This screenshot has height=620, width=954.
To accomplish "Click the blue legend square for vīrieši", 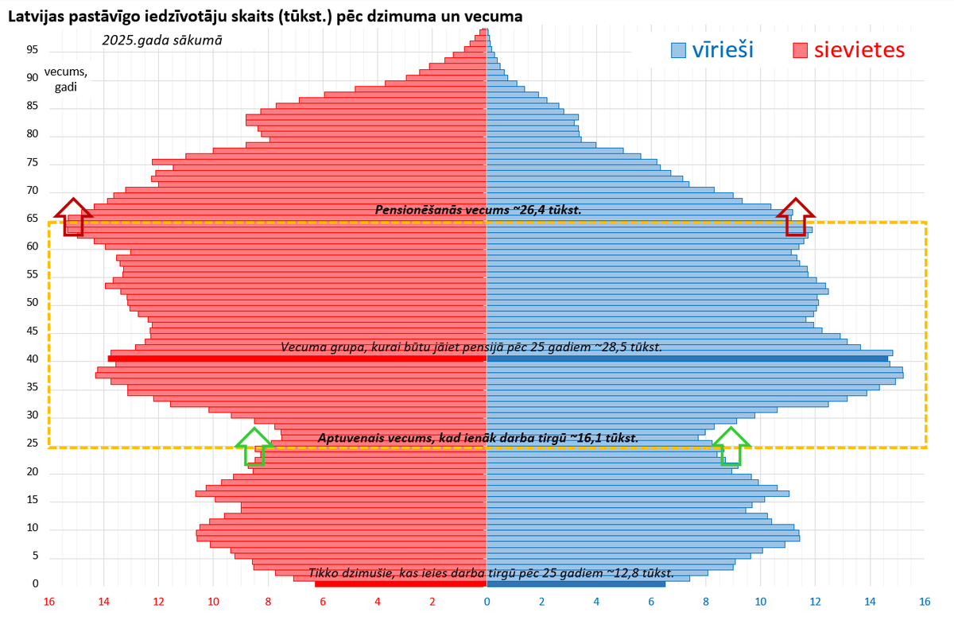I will point(678,51).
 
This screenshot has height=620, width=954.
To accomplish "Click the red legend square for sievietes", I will point(801,51).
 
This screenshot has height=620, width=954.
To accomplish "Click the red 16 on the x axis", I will point(49,602).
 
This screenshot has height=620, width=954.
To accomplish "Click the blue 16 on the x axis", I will point(925,602).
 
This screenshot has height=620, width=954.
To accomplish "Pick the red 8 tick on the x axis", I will point(268,602).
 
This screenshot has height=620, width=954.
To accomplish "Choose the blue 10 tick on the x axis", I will point(760,602).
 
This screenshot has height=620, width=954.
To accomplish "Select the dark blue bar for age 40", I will point(687,359).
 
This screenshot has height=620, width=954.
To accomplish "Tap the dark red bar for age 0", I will point(400,584).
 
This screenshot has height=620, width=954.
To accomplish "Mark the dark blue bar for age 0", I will point(576,584).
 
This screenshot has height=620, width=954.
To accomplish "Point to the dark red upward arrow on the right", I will point(796,215).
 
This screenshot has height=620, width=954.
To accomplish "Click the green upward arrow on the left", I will point(254,446).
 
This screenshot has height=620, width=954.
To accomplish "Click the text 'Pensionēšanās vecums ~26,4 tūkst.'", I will point(478,210).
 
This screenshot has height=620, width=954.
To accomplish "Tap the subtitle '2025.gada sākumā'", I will point(162,39).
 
